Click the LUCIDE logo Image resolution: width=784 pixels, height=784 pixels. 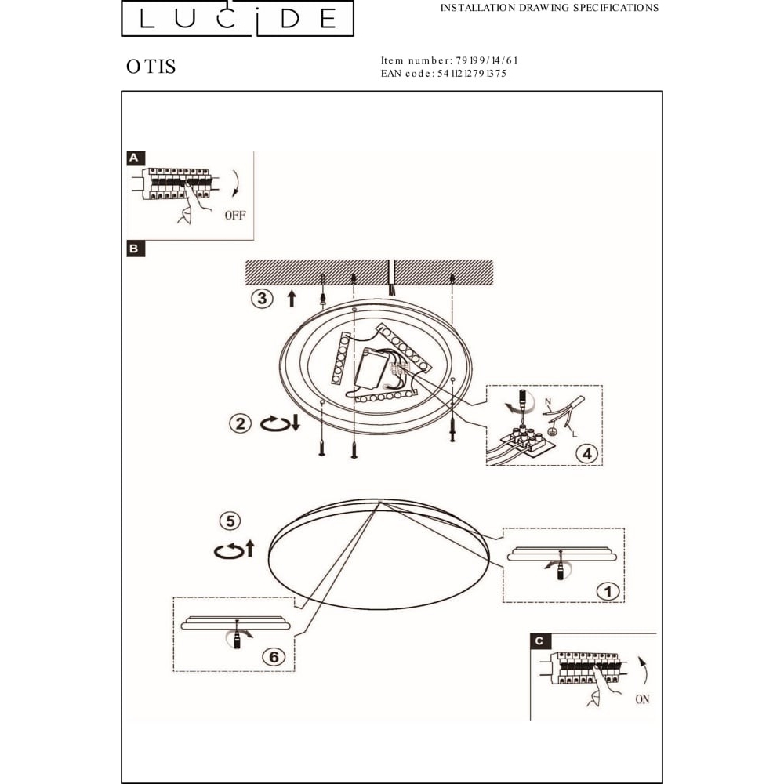click(238, 18)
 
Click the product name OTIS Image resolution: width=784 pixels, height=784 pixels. click(151, 67)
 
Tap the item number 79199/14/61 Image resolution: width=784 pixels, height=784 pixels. click(487, 60)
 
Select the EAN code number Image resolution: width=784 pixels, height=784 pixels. click(471, 74)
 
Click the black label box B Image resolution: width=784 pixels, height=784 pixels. click(136, 249)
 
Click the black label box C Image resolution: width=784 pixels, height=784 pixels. click(539, 641)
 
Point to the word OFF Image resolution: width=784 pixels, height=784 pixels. click(235, 216)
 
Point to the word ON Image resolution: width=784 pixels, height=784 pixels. click(643, 699)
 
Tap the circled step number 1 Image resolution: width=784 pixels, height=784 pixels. click(608, 591)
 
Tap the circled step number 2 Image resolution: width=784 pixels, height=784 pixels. click(240, 424)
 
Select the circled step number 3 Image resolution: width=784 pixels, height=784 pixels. click(262, 299)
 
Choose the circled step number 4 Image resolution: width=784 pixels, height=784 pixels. click(587, 453)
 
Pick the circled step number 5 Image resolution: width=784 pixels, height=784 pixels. click(230, 521)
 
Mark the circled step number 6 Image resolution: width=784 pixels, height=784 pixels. click(274, 656)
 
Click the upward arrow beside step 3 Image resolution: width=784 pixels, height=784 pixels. click(292, 299)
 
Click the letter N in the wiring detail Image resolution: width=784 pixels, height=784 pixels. click(548, 401)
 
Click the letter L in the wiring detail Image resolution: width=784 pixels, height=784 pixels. click(574, 434)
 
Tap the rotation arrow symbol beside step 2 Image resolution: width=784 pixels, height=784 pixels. click(276, 424)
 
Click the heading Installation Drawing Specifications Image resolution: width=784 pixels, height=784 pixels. click(549, 8)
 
